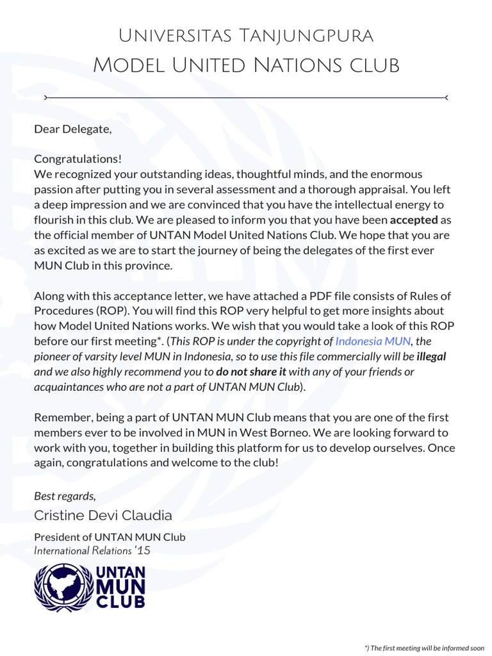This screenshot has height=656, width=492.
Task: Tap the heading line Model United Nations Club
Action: point(246,65)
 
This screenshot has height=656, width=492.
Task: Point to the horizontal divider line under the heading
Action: point(246,97)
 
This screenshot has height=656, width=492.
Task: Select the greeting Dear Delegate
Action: point(72,129)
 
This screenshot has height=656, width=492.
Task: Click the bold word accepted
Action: point(410,220)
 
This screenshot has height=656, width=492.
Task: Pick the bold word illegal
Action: point(431,356)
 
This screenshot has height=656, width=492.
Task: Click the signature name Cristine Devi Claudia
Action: point(103,516)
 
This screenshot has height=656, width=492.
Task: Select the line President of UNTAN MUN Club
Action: point(110,537)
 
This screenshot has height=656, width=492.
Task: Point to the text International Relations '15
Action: point(92,550)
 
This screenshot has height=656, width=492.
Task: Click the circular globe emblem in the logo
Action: point(63,587)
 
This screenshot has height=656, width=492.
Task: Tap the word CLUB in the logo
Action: point(121,602)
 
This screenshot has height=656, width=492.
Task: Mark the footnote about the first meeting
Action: point(424,648)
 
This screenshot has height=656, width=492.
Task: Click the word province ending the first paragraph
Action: point(151,265)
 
